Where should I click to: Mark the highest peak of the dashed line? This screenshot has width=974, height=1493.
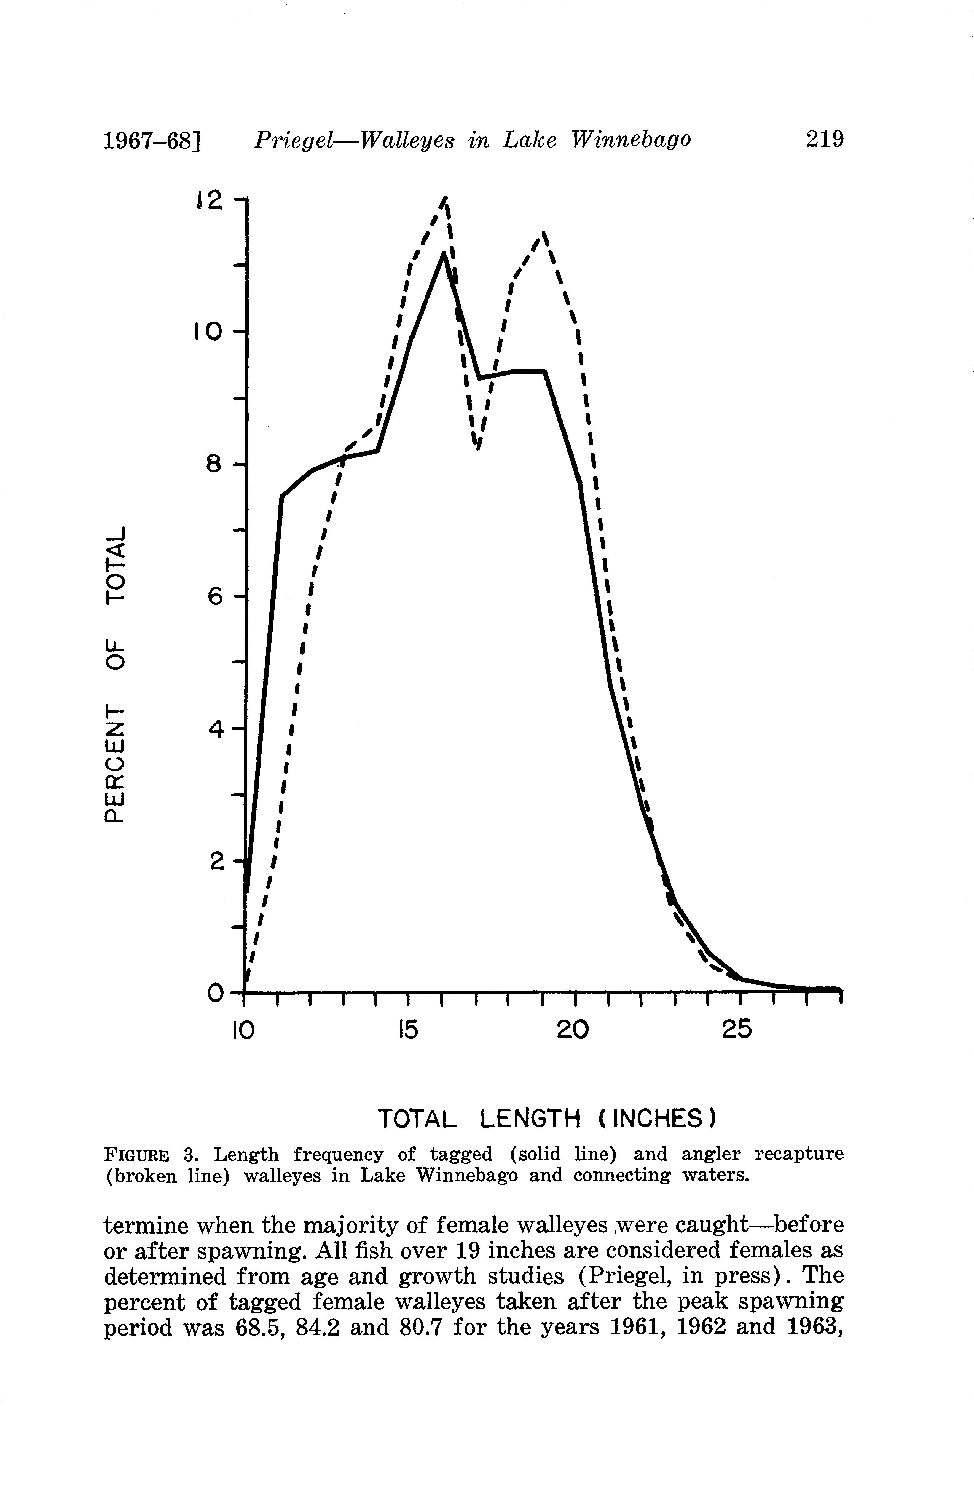445,198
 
